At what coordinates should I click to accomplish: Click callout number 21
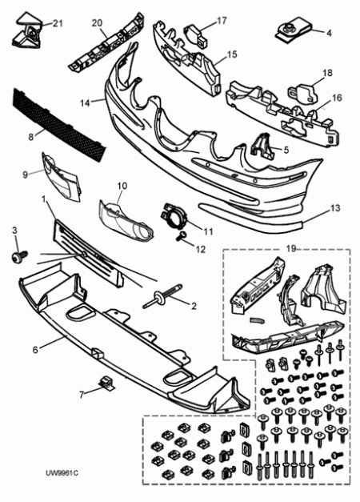coord(58,23)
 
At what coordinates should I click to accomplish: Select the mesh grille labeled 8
coord(59,125)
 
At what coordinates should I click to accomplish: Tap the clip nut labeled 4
coord(294,30)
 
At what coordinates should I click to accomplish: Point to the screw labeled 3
coord(19,255)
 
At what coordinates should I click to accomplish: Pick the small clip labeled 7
coord(106,383)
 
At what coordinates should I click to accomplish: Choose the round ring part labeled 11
coord(174,217)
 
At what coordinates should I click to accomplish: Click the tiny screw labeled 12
coord(181,237)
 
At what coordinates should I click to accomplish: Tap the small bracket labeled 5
coord(262,147)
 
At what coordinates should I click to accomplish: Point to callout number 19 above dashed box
coord(291,249)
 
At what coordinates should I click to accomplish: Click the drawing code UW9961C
coord(62,473)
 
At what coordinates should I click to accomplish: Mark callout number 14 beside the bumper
coord(85,103)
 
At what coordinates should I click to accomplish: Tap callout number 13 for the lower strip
coord(335,208)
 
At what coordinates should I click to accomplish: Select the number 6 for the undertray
coord(35,349)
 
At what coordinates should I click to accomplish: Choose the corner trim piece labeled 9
coord(62,177)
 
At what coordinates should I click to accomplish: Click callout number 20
coord(97,23)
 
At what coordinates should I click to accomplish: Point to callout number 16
coord(337,98)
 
